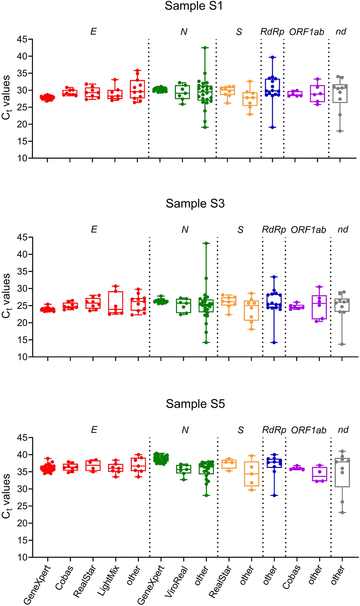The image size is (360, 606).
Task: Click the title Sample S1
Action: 194,6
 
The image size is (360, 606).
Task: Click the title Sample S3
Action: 195,203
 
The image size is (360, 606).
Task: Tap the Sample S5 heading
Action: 195,404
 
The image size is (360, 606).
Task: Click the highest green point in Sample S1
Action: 205,48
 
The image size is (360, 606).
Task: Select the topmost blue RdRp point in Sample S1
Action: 273,57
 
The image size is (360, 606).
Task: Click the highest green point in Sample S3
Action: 206,244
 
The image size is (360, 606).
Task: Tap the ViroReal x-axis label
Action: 176,582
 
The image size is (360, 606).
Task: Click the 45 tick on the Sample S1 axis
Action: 22,39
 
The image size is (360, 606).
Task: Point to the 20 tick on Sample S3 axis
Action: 22,323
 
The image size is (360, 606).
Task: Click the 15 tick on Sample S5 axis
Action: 22,540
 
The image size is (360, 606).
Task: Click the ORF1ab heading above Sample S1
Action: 307,32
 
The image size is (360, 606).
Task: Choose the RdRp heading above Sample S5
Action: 274,430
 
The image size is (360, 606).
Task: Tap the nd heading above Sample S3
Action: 343,229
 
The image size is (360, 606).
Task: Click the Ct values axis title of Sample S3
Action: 6,296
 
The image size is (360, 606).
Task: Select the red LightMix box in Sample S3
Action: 116,303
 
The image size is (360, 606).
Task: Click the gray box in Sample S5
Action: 342,473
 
